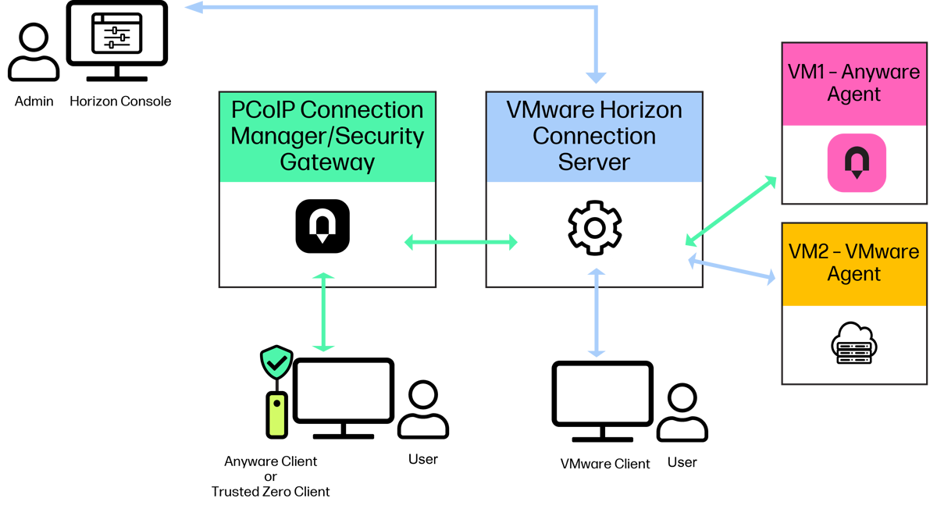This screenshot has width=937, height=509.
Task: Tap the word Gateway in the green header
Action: [327, 162]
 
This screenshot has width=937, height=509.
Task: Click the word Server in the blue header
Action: [594, 162]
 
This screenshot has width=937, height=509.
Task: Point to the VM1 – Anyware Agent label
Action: [854, 84]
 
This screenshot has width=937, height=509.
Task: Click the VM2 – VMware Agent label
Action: [854, 263]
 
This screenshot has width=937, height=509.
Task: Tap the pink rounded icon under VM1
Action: [857, 162]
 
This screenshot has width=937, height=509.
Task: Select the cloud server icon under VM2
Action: [854, 344]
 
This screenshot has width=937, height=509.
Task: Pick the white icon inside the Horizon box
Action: [615, 243]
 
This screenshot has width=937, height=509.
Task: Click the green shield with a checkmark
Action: [276, 362]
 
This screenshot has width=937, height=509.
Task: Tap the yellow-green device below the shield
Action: [276, 415]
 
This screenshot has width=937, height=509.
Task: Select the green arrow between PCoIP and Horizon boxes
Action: [461, 243]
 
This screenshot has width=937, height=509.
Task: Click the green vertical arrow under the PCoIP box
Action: [323, 311]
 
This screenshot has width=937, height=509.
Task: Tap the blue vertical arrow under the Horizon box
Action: [597, 312]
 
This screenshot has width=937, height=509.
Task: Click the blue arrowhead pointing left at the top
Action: [192, 8]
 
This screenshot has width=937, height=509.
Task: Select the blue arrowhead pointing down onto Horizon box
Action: [597, 77]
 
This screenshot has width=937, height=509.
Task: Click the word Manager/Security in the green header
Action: [327, 136]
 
